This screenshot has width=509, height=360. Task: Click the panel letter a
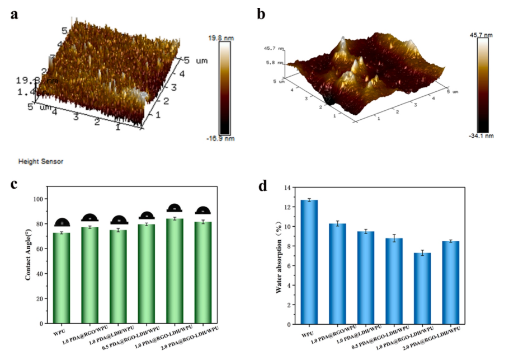(x=15, y=15)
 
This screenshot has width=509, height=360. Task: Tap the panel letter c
(x=15, y=185)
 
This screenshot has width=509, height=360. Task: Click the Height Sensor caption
(x=41, y=161)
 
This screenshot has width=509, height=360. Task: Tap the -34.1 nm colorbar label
(x=482, y=135)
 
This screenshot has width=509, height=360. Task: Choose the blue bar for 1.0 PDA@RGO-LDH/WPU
(x=422, y=288)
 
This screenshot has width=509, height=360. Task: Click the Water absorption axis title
(x=278, y=258)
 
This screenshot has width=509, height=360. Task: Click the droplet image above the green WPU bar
(x=62, y=223)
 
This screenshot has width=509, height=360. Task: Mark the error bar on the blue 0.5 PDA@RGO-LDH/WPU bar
(x=393, y=238)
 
